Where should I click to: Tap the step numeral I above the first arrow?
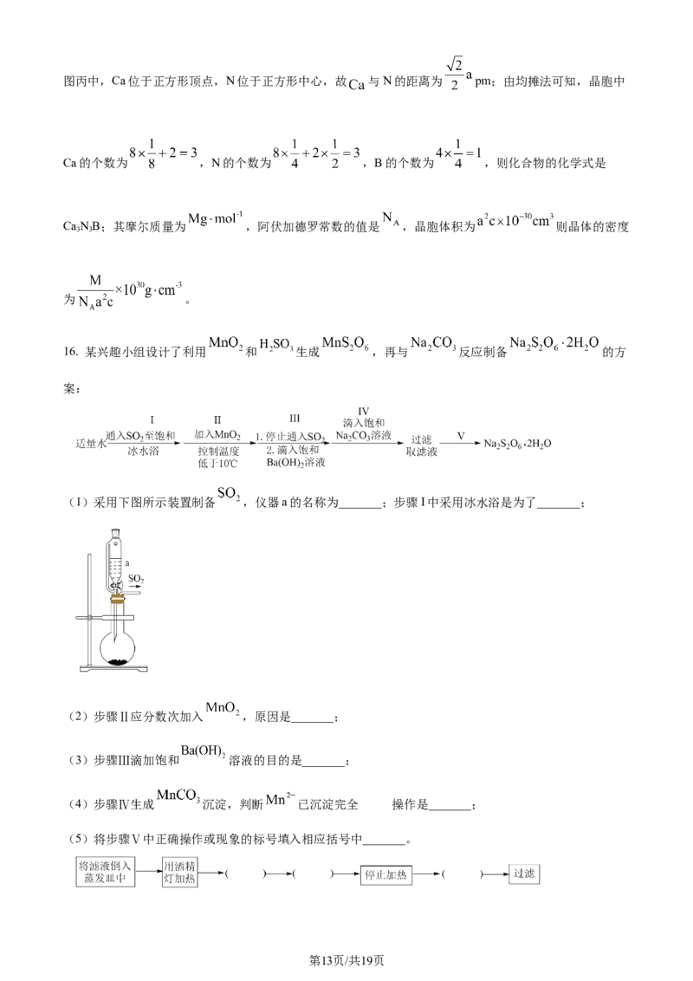(x=150, y=412)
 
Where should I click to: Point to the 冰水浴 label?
(x=141, y=451)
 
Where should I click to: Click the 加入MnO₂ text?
(x=217, y=432)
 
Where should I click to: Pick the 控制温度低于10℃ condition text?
(x=217, y=458)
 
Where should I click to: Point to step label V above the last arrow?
(x=460, y=433)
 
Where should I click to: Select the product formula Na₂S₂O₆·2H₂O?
(x=518, y=444)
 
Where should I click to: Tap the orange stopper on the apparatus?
(x=117, y=599)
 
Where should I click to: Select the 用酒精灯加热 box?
(x=180, y=873)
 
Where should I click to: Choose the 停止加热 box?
(x=389, y=874)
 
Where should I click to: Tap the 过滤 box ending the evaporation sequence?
(x=523, y=874)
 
